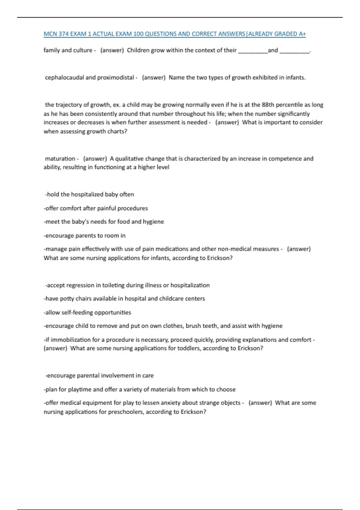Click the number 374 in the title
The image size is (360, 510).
click(x=64, y=34)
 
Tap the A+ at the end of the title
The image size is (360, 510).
click(x=302, y=34)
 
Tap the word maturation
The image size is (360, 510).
click(x=60, y=158)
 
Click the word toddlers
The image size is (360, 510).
click(x=189, y=348)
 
